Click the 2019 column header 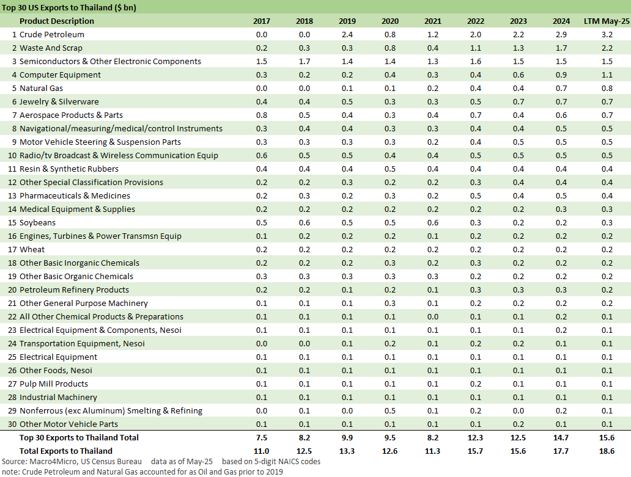coord(347,21)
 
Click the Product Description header coord(57,21)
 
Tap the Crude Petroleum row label coord(52,35)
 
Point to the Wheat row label coord(32,250)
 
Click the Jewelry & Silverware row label coord(59,102)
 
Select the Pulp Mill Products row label coord(54,384)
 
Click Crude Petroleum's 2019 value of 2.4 coord(347,35)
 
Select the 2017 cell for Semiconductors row coord(261,62)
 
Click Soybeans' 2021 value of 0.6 coord(432,223)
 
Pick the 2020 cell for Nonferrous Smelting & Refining coord(389,411)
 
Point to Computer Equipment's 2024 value coord(561,75)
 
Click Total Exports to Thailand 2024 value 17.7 coord(561,451)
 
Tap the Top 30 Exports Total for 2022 coord(475,438)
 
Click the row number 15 coord(12,223)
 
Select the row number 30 coord(12,424)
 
